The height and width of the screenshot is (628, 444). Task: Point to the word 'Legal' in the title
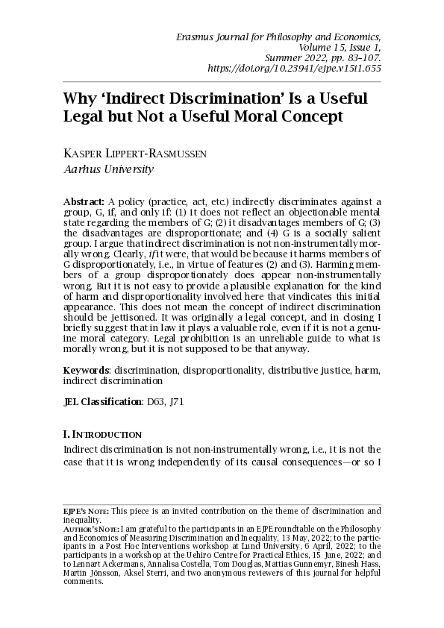pyautogui.click(x=87, y=117)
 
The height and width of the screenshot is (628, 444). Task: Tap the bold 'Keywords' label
pyautogui.click(x=87, y=370)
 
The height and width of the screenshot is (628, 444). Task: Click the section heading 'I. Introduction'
pyautogui.click(x=102, y=434)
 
